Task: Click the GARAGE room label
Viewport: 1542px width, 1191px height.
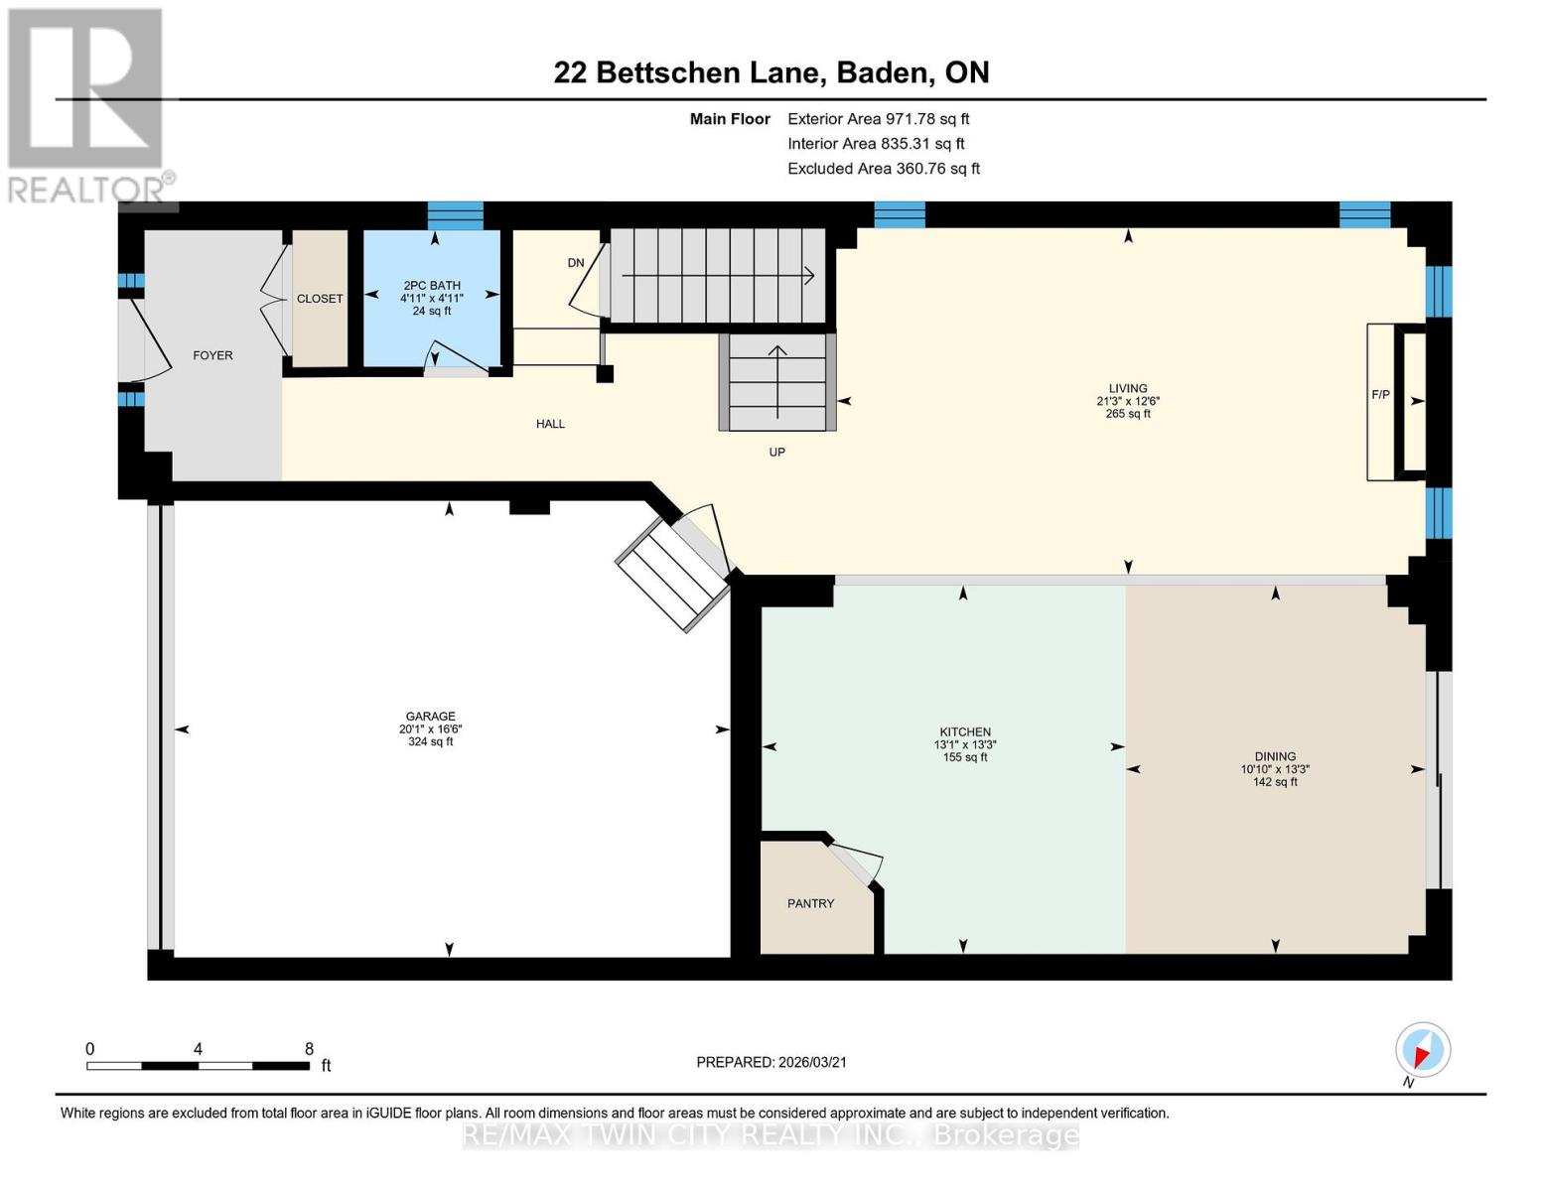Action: (x=430, y=717)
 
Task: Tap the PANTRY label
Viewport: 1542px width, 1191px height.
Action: (x=810, y=904)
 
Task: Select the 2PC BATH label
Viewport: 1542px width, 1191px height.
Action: (x=432, y=286)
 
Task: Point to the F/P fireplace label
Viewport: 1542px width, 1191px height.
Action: (x=1380, y=394)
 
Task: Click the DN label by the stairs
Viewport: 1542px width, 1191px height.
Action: (x=576, y=263)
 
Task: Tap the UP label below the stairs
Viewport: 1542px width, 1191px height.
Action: (x=777, y=452)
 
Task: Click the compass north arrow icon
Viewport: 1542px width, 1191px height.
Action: (x=1423, y=1050)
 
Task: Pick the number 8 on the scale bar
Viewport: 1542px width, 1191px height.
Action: (x=309, y=1049)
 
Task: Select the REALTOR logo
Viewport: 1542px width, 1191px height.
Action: (x=88, y=106)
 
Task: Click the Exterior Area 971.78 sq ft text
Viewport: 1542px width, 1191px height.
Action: (x=878, y=119)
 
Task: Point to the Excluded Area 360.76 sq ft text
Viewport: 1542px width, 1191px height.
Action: (x=884, y=169)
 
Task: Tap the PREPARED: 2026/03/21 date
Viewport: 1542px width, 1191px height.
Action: (x=771, y=1063)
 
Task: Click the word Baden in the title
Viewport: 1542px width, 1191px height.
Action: (x=883, y=73)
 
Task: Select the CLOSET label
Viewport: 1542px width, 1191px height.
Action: (x=320, y=299)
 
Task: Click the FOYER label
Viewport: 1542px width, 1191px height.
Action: (x=212, y=355)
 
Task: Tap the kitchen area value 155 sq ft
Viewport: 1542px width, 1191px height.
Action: (x=964, y=757)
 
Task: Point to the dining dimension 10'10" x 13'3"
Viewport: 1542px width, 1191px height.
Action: (x=1275, y=769)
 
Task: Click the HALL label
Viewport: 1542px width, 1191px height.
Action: (x=550, y=424)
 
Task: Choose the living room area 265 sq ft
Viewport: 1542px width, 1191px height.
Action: (x=1128, y=414)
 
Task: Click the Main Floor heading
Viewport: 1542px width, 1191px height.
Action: (x=730, y=119)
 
